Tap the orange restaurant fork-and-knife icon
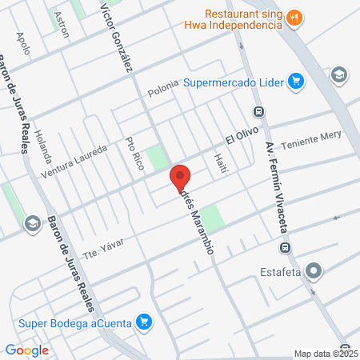point(294,18)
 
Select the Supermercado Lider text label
point(234,82)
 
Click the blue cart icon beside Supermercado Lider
point(296,81)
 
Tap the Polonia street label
point(166,92)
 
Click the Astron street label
point(60,25)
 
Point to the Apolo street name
point(25,43)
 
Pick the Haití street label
point(222,165)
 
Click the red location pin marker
point(180,177)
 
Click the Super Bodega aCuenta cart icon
point(144,322)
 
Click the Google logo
point(26,350)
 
